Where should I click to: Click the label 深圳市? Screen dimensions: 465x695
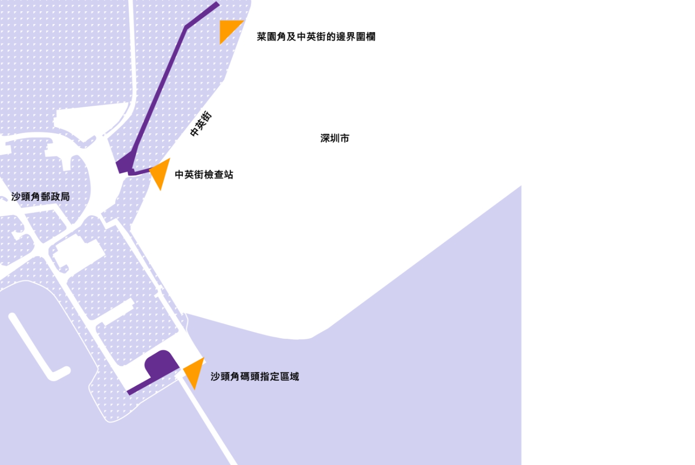[x=335, y=138]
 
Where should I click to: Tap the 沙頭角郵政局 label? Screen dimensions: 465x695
[x=40, y=197]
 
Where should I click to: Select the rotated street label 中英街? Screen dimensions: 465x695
[x=201, y=124]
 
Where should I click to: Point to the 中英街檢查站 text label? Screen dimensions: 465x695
[x=204, y=175]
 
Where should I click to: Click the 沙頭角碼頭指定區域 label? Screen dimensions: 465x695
[x=254, y=377]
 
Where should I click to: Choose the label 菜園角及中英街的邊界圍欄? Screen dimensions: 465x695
[x=316, y=37]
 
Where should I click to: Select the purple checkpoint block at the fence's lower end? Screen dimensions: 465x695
[x=124, y=165]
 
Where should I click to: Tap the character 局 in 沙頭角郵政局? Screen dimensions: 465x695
[x=65, y=197]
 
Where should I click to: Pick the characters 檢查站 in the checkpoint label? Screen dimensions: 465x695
[x=219, y=175]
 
